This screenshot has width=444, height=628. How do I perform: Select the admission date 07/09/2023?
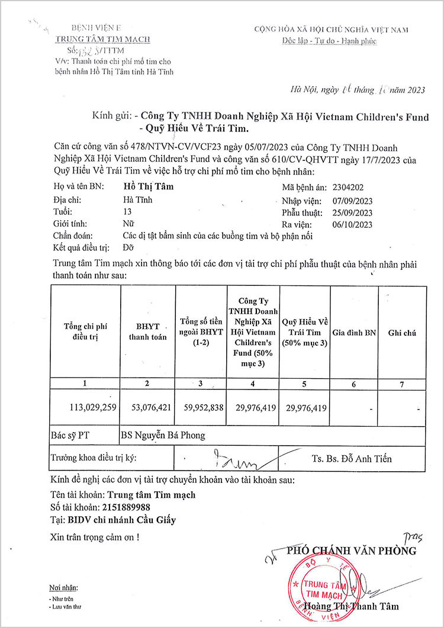[x=352, y=200]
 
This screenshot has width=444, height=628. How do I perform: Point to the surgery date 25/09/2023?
[x=352, y=212]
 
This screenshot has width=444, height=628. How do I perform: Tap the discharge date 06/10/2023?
[x=352, y=225]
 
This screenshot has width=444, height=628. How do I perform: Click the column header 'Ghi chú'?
[x=402, y=333]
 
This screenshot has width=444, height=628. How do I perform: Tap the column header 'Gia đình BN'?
[x=354, y=333]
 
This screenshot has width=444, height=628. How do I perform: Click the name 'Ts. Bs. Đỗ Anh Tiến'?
[x=352, y=458]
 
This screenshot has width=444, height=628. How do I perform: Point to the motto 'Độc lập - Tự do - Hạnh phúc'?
[x=329, y=40]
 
